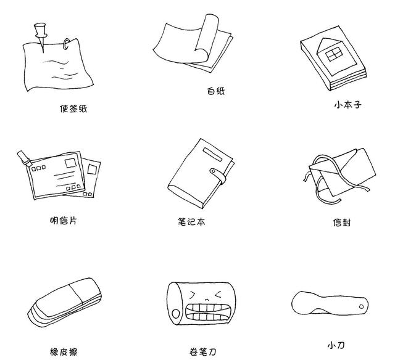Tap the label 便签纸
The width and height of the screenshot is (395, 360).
73,108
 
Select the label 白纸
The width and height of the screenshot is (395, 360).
215,91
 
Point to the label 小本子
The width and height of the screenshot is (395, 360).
347,105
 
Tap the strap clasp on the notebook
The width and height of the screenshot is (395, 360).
216,172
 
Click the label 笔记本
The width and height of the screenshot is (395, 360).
191,221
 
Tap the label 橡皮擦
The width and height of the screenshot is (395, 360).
64,352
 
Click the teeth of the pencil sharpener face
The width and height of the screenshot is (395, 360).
206,308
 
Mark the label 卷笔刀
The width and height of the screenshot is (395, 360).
203,352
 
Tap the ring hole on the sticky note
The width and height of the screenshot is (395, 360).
66,43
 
